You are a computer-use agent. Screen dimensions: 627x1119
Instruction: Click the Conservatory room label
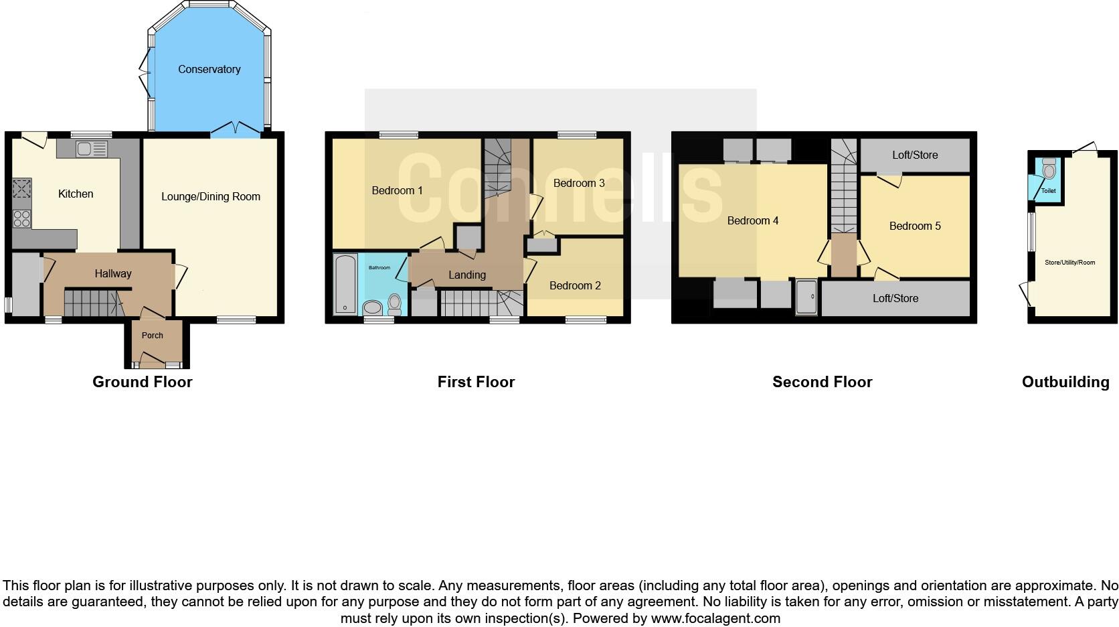[x=209, y=70]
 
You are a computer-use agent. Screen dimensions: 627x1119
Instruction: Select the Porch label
[x=153, y=336]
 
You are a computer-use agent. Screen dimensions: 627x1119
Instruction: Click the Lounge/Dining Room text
[x=211, y=197]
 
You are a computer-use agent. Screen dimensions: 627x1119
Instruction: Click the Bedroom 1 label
[x=397, y=191]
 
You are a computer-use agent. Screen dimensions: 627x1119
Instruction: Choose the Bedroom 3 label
[x=579, y=184]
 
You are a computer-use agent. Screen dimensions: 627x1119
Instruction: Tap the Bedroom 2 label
[x=575, y=286]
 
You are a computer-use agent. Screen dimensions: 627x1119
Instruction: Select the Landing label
[x=467, y=275]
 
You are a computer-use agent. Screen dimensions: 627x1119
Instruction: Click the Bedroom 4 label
[x=753, y=221]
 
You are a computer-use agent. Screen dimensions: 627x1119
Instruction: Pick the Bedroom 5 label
[x=915, y=226]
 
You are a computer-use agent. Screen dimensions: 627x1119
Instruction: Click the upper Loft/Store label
[x=915, y=155]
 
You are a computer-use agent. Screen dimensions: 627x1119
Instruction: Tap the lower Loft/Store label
[x=895, y=299]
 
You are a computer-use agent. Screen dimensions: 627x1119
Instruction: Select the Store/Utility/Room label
[x=1069, y=263]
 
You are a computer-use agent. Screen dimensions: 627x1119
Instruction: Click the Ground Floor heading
[x=143, y=382]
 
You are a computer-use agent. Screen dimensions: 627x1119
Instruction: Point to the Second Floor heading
[x=823, y=382]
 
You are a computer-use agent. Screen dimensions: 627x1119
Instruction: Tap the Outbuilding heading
[x=1065, y=382]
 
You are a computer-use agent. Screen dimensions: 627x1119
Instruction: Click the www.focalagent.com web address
[x=715, y=618]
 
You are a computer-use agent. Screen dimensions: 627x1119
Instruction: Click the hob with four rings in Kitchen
[x=22, y=217]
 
